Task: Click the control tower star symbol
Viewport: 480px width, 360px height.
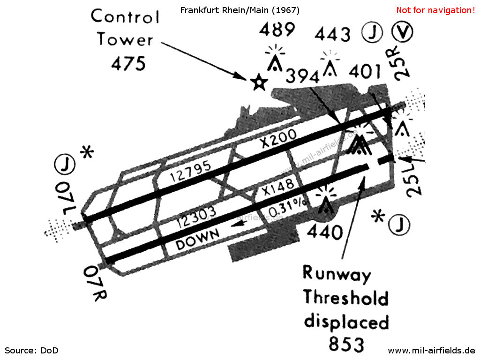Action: (259, 82)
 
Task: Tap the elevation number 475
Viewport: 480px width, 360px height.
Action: (128, 64)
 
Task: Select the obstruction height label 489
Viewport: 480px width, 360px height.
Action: (277, 30)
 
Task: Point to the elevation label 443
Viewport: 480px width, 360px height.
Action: (333, 34)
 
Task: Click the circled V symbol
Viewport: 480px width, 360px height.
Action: (402, 31)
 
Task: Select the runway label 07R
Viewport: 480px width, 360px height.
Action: (95, 283)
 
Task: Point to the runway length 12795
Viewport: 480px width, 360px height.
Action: (190, 172)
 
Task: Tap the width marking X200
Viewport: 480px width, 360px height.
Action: (278, 138)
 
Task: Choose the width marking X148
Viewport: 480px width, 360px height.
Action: (278, 187)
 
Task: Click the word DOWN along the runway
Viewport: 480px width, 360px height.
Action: (197, 240)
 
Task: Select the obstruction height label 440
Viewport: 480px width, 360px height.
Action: (325, 232)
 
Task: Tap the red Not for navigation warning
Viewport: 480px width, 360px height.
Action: (435, 10)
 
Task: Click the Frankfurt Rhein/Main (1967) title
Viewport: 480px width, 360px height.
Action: (240, 10)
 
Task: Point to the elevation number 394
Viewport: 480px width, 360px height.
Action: (302, 76)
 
